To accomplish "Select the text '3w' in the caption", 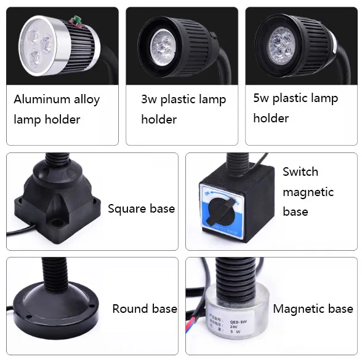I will click(149, 100).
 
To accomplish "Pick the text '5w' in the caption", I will click(261, 98).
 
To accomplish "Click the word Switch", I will click(300, 171).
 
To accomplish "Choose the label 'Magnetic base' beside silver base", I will click(313, 309).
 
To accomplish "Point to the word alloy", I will click(87, 100).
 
